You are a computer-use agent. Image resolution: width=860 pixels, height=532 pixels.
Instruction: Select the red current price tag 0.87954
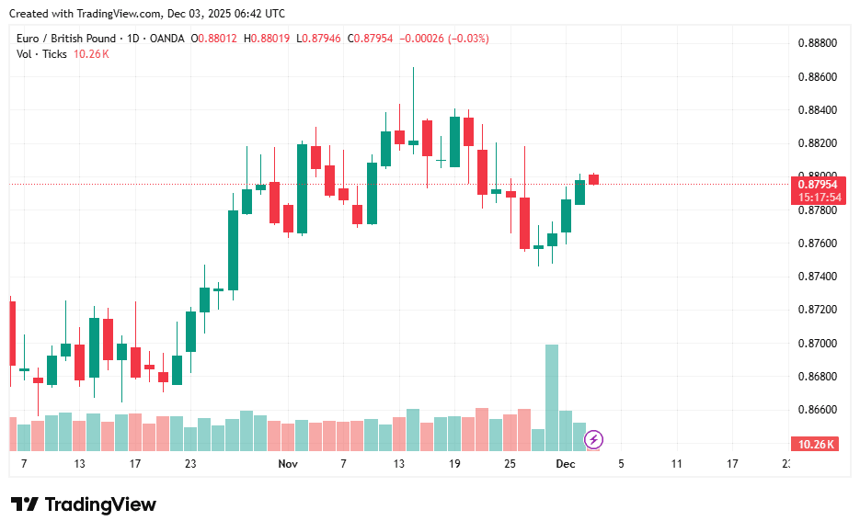tap(816, 184)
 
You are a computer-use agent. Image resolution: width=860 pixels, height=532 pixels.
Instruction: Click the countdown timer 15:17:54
tap(816, 197)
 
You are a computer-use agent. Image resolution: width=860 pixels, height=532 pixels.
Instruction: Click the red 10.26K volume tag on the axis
tap(816, 445)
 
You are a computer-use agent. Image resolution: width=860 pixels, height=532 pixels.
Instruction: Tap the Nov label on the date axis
tap(288, 465)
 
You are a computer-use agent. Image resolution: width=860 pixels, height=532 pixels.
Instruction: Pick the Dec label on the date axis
tap(566, 465)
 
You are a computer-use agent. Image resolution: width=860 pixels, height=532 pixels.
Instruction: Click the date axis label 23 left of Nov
tap(190, 465)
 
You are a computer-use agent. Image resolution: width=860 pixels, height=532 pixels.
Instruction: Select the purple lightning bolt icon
tap(594, 439)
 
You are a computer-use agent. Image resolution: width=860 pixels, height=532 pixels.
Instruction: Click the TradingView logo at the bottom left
tap(84, 504)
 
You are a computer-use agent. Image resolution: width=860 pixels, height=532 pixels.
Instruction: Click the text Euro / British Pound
tap(66, 39)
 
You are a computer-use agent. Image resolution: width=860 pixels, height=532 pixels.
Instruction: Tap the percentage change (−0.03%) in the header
tap(468, 39)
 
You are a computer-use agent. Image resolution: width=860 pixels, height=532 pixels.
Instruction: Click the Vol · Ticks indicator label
tap(42, 54)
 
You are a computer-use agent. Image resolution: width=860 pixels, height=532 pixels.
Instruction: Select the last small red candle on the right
tap(593, 179)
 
